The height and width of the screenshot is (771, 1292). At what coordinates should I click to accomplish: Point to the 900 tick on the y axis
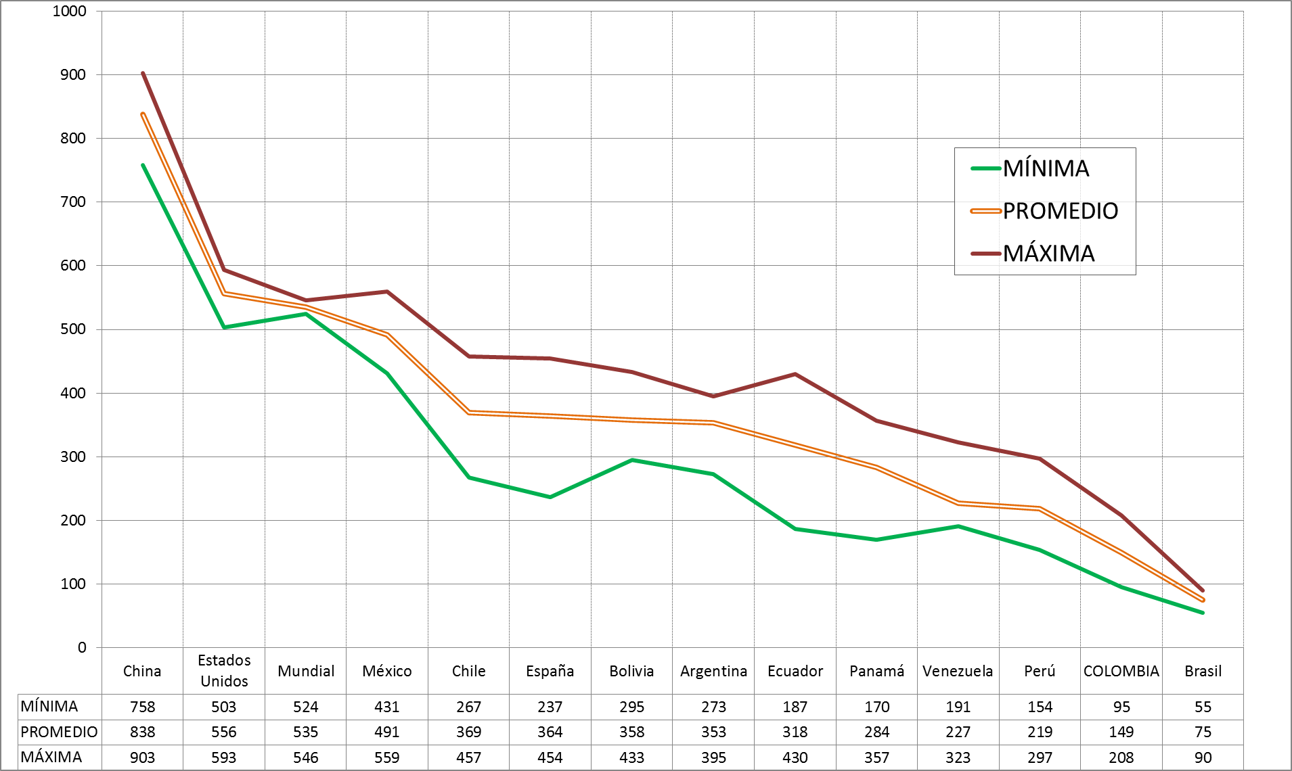pos(73,74)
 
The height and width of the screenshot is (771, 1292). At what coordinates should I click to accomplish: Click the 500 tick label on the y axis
pos(73,329)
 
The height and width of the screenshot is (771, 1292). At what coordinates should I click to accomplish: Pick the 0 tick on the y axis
pos(82,647)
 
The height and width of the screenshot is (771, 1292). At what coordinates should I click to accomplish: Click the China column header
pos(142,671)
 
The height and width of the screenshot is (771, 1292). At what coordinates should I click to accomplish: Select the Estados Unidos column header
pos(224,670)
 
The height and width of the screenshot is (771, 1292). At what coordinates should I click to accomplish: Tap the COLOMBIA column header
pos(1121,671)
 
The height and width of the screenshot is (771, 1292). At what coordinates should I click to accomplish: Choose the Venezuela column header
pos(958,671)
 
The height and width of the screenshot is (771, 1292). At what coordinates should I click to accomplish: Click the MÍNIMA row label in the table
pos(49,707)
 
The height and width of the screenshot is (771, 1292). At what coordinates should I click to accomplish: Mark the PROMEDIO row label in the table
pos(59,732)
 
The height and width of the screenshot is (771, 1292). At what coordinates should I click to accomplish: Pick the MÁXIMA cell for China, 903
pos(142,757)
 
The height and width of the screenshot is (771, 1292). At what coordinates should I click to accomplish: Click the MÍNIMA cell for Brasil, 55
pos(1203,707)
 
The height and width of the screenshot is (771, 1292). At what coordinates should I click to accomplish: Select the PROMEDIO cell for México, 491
pos(387,732)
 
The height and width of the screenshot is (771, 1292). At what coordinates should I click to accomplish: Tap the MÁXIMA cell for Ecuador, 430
pos(795,757)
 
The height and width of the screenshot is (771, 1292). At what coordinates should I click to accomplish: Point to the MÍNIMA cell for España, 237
pos(550,707)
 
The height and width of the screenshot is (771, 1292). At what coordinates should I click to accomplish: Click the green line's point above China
pos(143,165)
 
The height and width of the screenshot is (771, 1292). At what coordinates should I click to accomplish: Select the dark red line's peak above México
pos(387,291)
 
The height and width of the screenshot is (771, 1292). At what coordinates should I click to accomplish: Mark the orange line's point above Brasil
pos(1203,600)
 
